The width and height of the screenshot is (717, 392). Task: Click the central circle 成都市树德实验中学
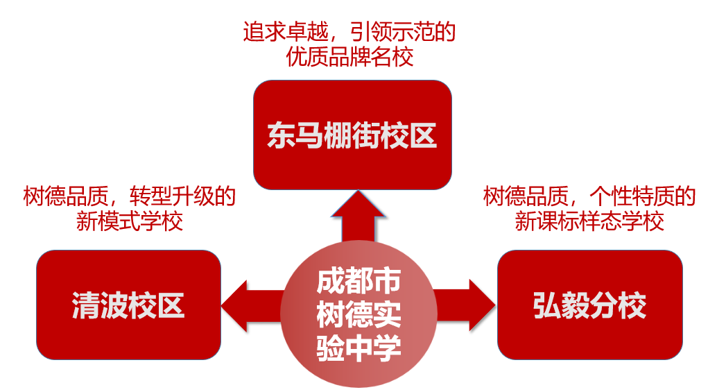[358, 312]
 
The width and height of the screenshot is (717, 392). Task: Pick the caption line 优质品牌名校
[349, 56]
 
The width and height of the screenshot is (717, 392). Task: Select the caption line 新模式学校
[129, 221]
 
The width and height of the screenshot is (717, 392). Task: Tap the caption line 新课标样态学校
[589, 221]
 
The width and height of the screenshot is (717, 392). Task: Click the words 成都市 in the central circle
[358, 281]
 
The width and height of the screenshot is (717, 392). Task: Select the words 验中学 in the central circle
[358, 346]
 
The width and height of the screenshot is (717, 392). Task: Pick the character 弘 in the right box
[547, 305]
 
